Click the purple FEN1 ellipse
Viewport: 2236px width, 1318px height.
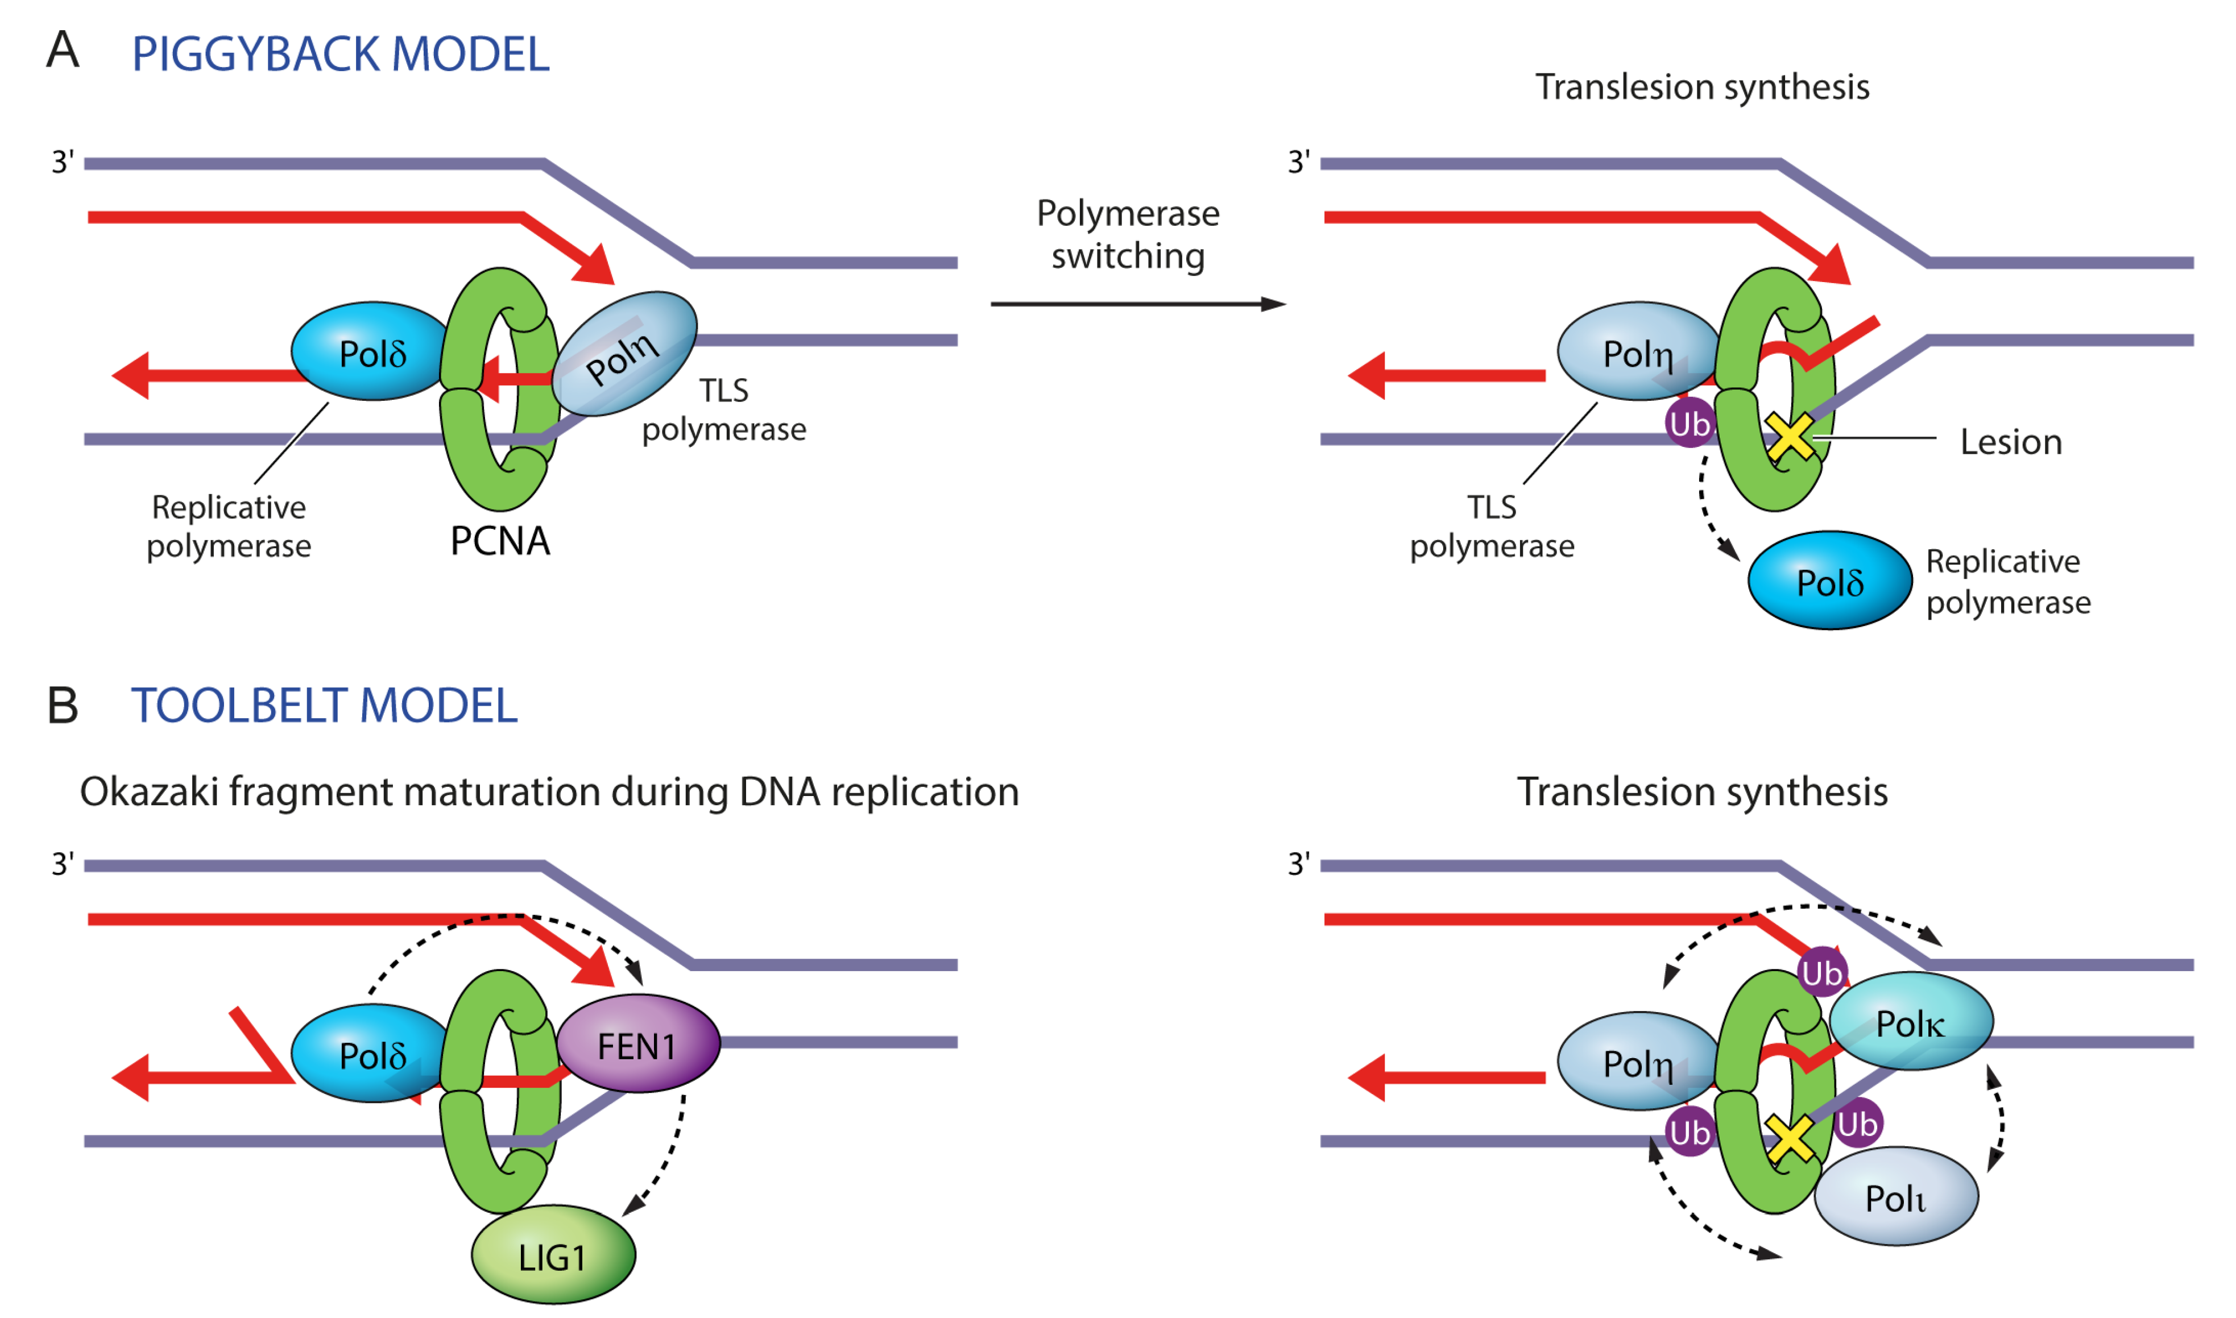click(637, 1045)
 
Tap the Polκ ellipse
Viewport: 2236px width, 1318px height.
click(1911, 1023)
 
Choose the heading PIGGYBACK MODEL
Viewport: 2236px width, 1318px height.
click(341, 54)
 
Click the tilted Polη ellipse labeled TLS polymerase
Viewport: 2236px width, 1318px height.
click(625, 354)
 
